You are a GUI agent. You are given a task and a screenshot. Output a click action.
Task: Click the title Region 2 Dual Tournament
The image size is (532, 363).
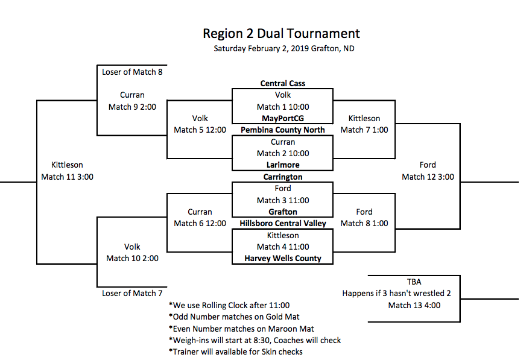281,34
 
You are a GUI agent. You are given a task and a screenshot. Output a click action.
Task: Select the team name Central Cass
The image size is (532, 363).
282,84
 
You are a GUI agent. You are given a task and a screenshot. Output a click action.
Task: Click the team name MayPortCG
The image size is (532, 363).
282,118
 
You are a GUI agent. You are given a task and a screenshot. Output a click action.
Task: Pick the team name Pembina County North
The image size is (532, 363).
282,130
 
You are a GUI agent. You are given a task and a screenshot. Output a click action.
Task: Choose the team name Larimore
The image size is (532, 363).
282,165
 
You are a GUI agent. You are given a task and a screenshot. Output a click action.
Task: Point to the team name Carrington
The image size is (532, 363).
282,177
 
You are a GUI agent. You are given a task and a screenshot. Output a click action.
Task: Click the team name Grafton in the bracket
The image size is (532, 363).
282,212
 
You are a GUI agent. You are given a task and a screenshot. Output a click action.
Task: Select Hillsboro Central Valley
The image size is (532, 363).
282,223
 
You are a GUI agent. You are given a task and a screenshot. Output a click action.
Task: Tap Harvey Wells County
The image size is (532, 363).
282,258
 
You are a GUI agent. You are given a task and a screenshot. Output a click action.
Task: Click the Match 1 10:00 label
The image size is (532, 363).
282,107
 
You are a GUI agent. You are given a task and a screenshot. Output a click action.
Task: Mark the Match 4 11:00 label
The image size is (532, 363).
282,247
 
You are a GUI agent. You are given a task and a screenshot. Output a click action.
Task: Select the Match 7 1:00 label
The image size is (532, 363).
364,130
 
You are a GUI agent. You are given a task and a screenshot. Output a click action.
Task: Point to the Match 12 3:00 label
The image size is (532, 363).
428,177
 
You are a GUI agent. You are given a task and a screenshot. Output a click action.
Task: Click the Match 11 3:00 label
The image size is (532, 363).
67,177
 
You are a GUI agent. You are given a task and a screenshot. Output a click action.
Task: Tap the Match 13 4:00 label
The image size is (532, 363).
414,305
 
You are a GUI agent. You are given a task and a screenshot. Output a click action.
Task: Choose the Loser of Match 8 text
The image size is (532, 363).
132,72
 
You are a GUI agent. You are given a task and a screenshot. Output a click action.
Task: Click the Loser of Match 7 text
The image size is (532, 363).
132,293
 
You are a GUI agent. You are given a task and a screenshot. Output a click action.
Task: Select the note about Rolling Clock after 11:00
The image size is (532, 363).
229,305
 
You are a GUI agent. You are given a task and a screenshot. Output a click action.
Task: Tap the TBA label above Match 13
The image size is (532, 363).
414,282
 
